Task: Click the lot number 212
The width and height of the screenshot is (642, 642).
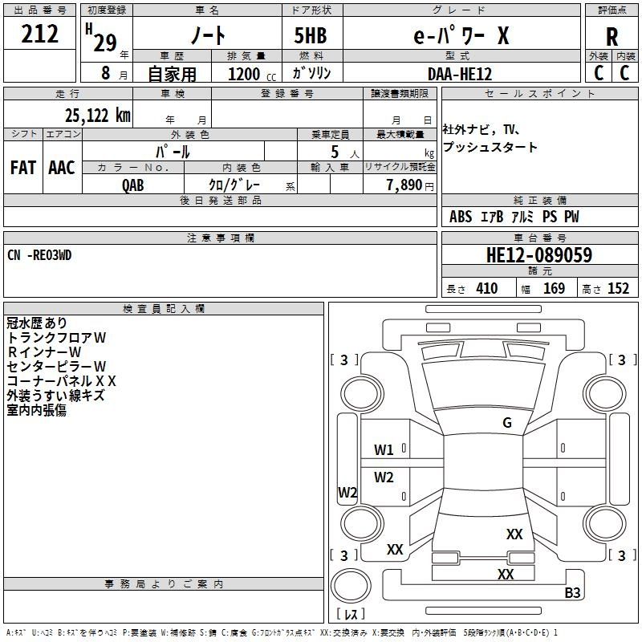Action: [x=39, y=34]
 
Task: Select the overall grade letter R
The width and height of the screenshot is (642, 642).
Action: [x=612, y=37]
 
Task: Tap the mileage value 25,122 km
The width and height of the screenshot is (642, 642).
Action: [x=97, y=116]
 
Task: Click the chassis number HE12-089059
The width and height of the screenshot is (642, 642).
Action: [x=539, y=254]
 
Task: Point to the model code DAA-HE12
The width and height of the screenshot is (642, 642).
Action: [x=460, y=74]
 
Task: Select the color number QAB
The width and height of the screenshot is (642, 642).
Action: [x=133, y=185]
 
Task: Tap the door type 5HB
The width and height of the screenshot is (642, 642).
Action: [x=311, y=35]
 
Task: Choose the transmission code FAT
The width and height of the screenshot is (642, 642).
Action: [x=23, y=168]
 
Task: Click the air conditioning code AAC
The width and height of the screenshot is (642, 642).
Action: [x=62, y=168]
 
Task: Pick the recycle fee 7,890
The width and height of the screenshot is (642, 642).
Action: [x=404, y=185]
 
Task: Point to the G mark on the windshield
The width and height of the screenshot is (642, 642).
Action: [x=507, y=422]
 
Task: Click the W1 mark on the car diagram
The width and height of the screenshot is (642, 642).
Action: [x=384, y=450]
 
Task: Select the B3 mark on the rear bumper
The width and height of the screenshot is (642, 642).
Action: [x=572, y=592]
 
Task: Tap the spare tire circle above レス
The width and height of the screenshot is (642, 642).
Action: [x=351, y=586]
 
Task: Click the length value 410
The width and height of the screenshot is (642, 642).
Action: [x=487, y=288]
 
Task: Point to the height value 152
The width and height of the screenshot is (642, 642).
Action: [x=618, y=288]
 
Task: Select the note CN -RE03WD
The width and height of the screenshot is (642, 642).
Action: [x=39, y=255]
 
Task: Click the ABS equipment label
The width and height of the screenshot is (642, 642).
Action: [x=461, y=217]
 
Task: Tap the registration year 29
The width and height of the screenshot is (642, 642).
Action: [x=105, y=43]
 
